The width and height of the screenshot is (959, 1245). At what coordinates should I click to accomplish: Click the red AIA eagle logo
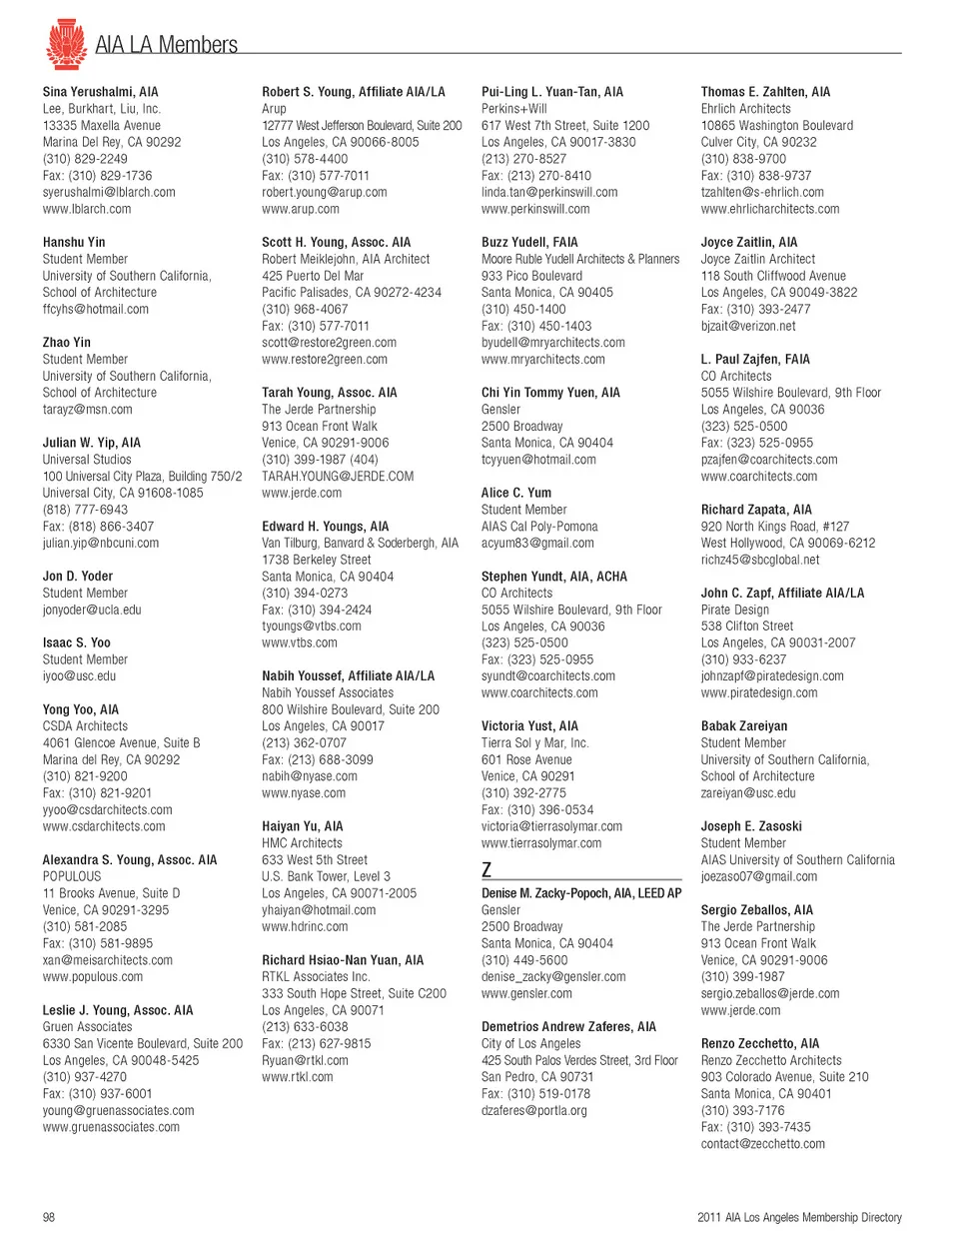pos(66,45)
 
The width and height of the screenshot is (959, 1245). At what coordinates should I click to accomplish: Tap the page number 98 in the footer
pos(49,1217)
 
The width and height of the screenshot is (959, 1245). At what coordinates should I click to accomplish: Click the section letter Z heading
pos(486,869)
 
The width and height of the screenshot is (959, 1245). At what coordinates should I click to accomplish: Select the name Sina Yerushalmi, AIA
pos(100,92)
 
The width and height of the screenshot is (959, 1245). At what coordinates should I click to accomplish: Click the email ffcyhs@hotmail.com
pos(95,310)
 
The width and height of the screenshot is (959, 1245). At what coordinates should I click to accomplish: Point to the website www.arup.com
pos(300,210)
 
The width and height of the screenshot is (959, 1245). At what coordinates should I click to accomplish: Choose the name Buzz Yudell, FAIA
pos(529,243)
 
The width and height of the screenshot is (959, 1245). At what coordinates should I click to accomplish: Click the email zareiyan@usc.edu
pos(748,793)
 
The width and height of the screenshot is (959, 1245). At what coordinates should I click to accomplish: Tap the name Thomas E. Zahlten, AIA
pos(765,92)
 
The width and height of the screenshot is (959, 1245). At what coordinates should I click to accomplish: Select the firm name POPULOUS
pos(72,876)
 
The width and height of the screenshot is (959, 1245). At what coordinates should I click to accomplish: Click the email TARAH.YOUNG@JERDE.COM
pos(338,477)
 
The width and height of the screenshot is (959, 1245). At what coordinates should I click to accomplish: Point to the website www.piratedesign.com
pos(759,693)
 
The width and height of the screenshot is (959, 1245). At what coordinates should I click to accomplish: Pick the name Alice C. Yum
pos(516,493)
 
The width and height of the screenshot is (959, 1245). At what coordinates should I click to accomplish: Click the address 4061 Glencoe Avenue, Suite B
pos(121,743)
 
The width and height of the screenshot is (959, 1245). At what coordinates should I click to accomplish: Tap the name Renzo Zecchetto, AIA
pos(759,1044)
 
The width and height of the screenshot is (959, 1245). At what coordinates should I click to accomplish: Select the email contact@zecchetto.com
pos(763,1144)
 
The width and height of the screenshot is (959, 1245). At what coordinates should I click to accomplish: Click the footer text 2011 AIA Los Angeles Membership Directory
pos(799,1217)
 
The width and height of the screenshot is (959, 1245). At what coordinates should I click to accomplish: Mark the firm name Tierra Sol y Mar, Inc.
pos(534,743)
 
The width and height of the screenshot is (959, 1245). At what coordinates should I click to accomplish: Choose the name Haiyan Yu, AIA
pos(302,826)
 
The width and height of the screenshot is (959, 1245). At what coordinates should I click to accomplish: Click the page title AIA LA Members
pos(166,45)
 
